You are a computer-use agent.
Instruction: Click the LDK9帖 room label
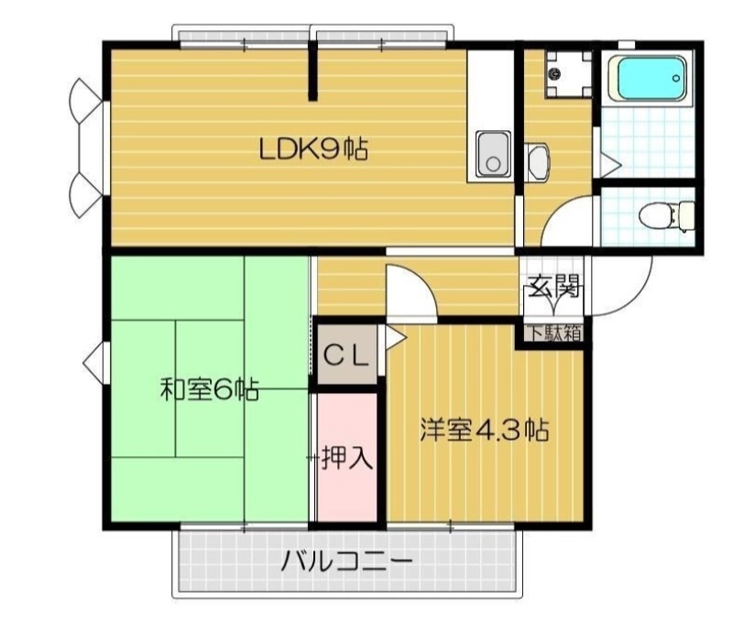tap(312, 148)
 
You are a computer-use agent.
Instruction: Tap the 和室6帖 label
tap(209, 390)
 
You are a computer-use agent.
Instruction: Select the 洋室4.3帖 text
tap(484, 431)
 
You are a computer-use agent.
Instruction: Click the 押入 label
tap(347, 458)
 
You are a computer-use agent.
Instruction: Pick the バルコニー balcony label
tap(346, 561)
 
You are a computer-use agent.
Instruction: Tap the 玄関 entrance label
tap(553, 288)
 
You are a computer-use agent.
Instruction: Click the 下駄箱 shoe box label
tap(553, 333)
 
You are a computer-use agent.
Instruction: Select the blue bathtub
tap(650, 81)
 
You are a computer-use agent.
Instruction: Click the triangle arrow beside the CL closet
tap(395, 339)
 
